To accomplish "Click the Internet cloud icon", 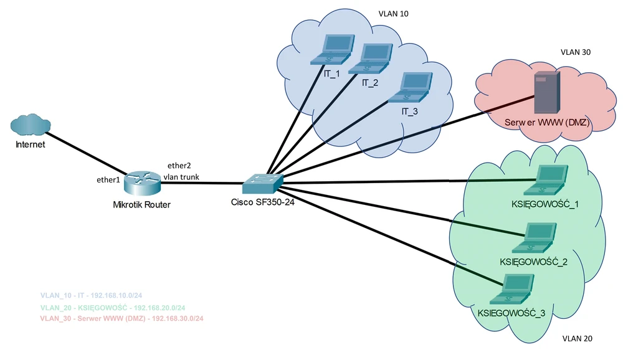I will point(30,125).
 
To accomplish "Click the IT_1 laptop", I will point(332,50).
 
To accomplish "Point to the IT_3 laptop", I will point(409,87).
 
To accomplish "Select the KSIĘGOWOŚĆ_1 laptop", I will point(547,180).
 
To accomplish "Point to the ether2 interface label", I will point(179,166).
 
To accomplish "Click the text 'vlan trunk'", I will point(181,177).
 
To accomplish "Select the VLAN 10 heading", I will point(394,13).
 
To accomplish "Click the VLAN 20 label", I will point(577,339).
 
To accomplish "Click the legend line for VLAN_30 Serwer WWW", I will point(121,318).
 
